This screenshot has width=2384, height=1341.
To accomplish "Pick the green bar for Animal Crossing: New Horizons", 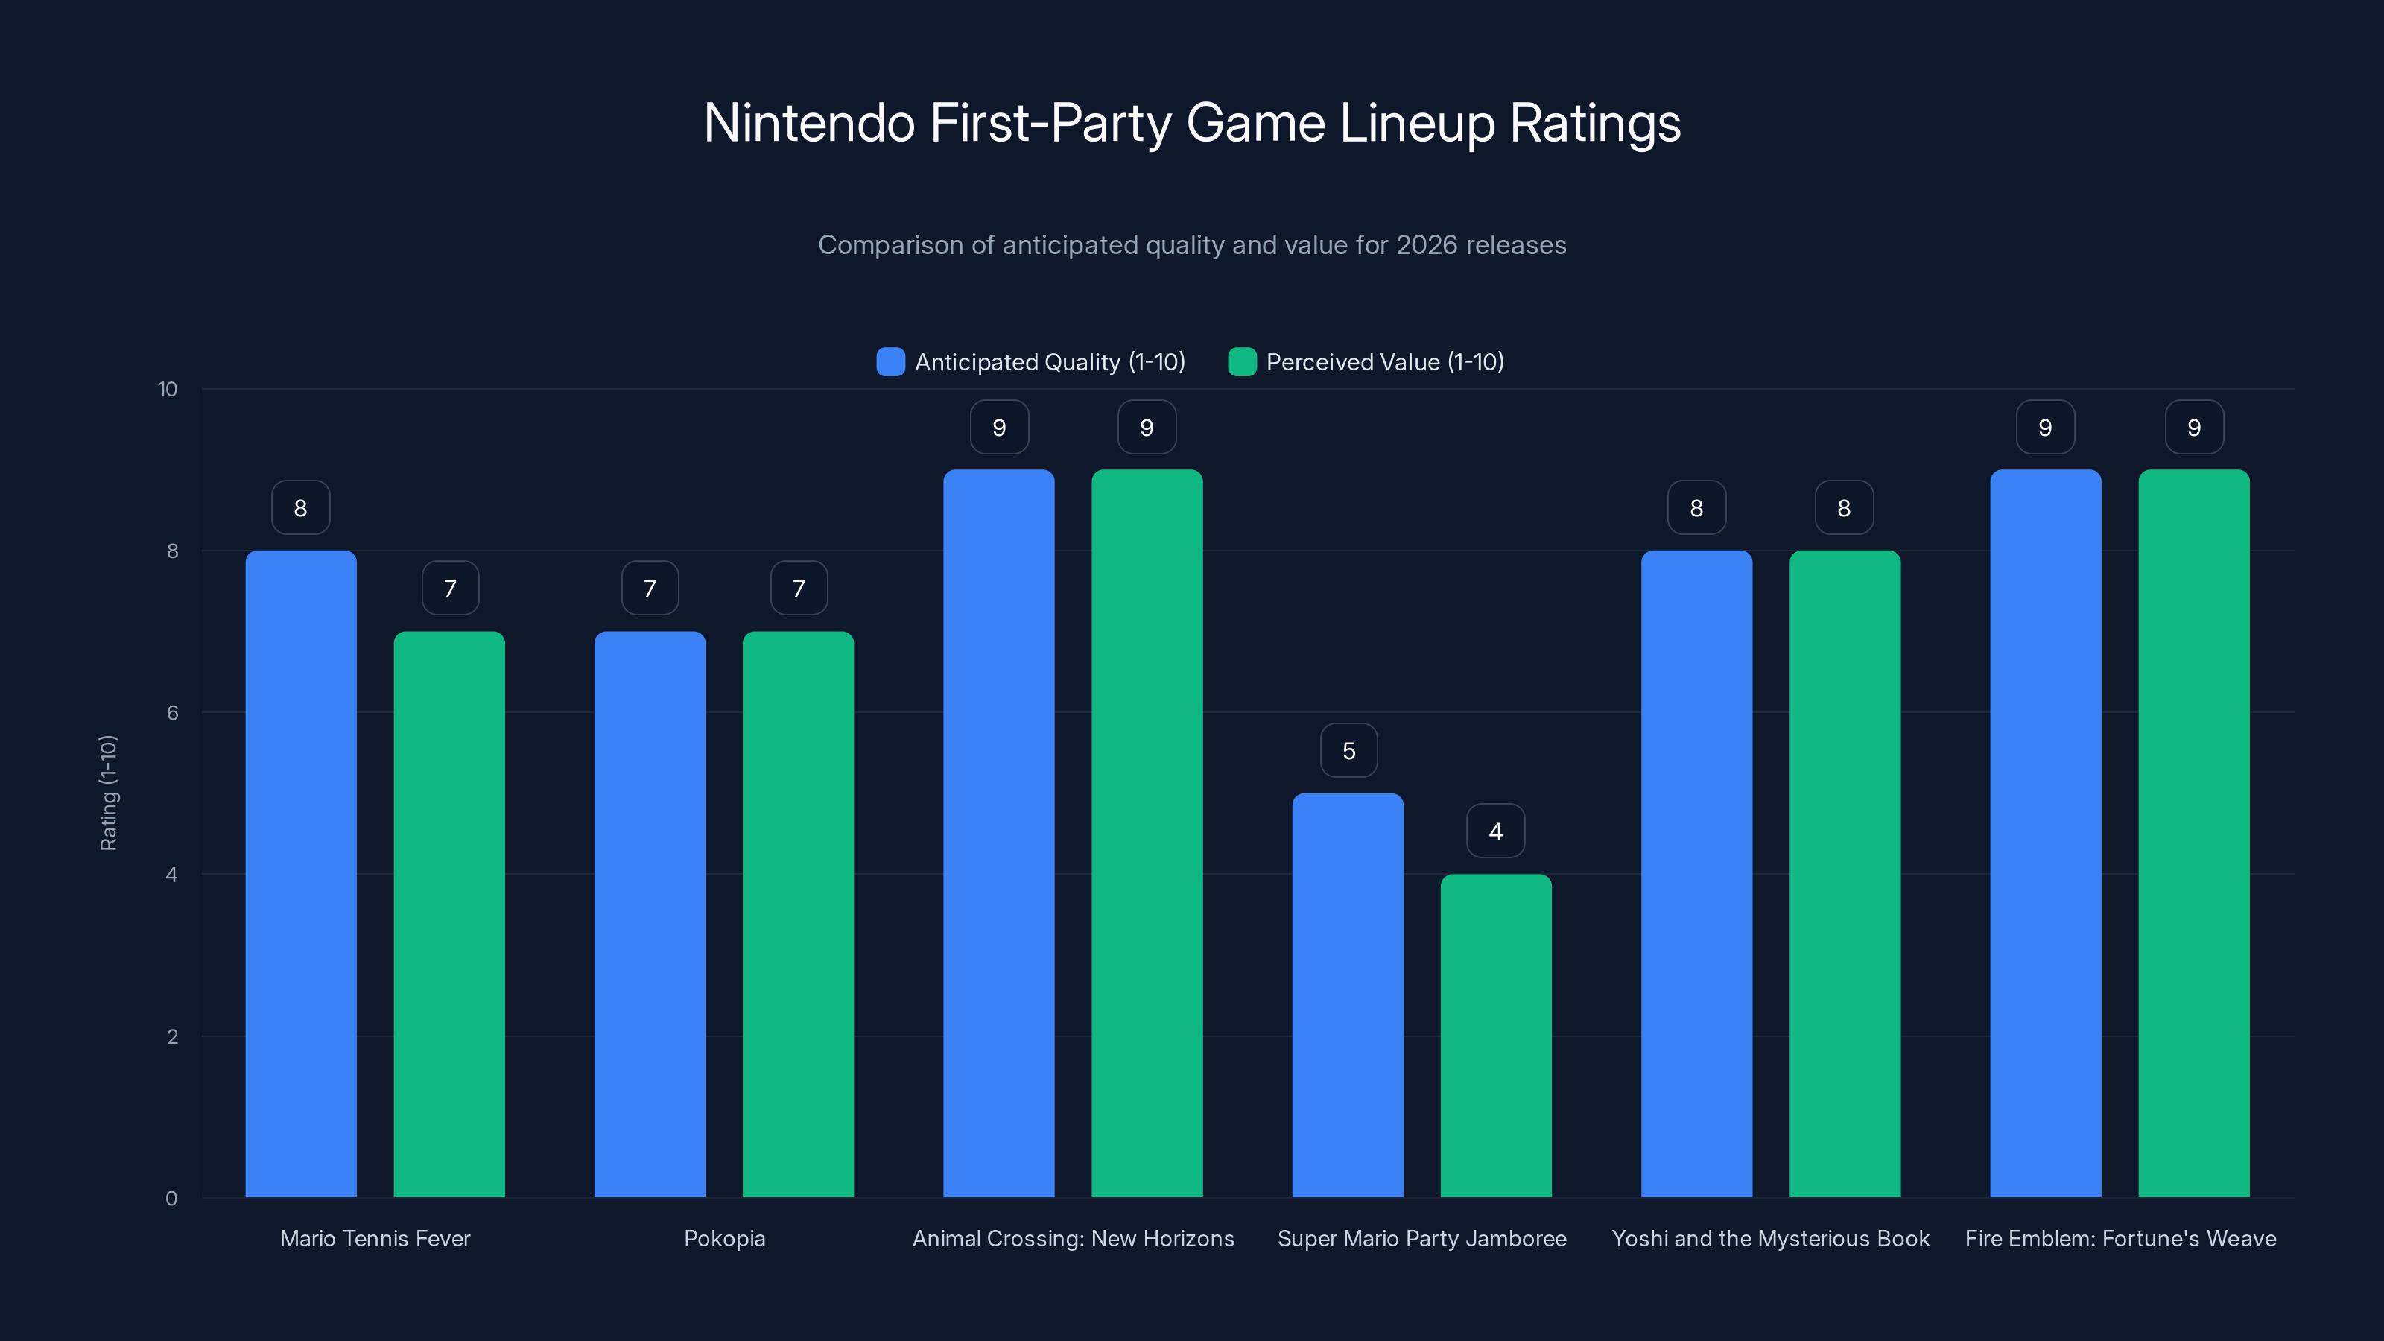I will tap(1147, 833).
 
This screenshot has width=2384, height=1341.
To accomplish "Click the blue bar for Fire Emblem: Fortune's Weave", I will tap(2045, 833).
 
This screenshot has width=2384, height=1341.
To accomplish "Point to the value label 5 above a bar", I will tap(1348, 750).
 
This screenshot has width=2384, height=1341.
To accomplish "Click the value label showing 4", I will tap(1495, 831).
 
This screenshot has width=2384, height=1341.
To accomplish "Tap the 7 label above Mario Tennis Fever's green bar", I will tap(450, 588).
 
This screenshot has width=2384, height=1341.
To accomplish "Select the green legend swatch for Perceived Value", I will tap(1242, 362).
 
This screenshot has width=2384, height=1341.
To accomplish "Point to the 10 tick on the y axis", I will tap(168, 389).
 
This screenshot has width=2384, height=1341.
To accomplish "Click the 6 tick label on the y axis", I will tap(172, 713).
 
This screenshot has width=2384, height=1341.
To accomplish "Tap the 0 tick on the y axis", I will tap(171, 1199).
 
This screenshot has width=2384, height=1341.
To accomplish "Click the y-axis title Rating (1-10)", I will tap(108, 793).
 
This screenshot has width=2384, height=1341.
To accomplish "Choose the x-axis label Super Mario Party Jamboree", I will tap(1421, 1238).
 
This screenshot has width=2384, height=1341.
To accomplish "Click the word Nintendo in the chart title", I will tap(809, 123).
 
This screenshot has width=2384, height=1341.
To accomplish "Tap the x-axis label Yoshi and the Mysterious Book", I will tap(1770, 1238).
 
